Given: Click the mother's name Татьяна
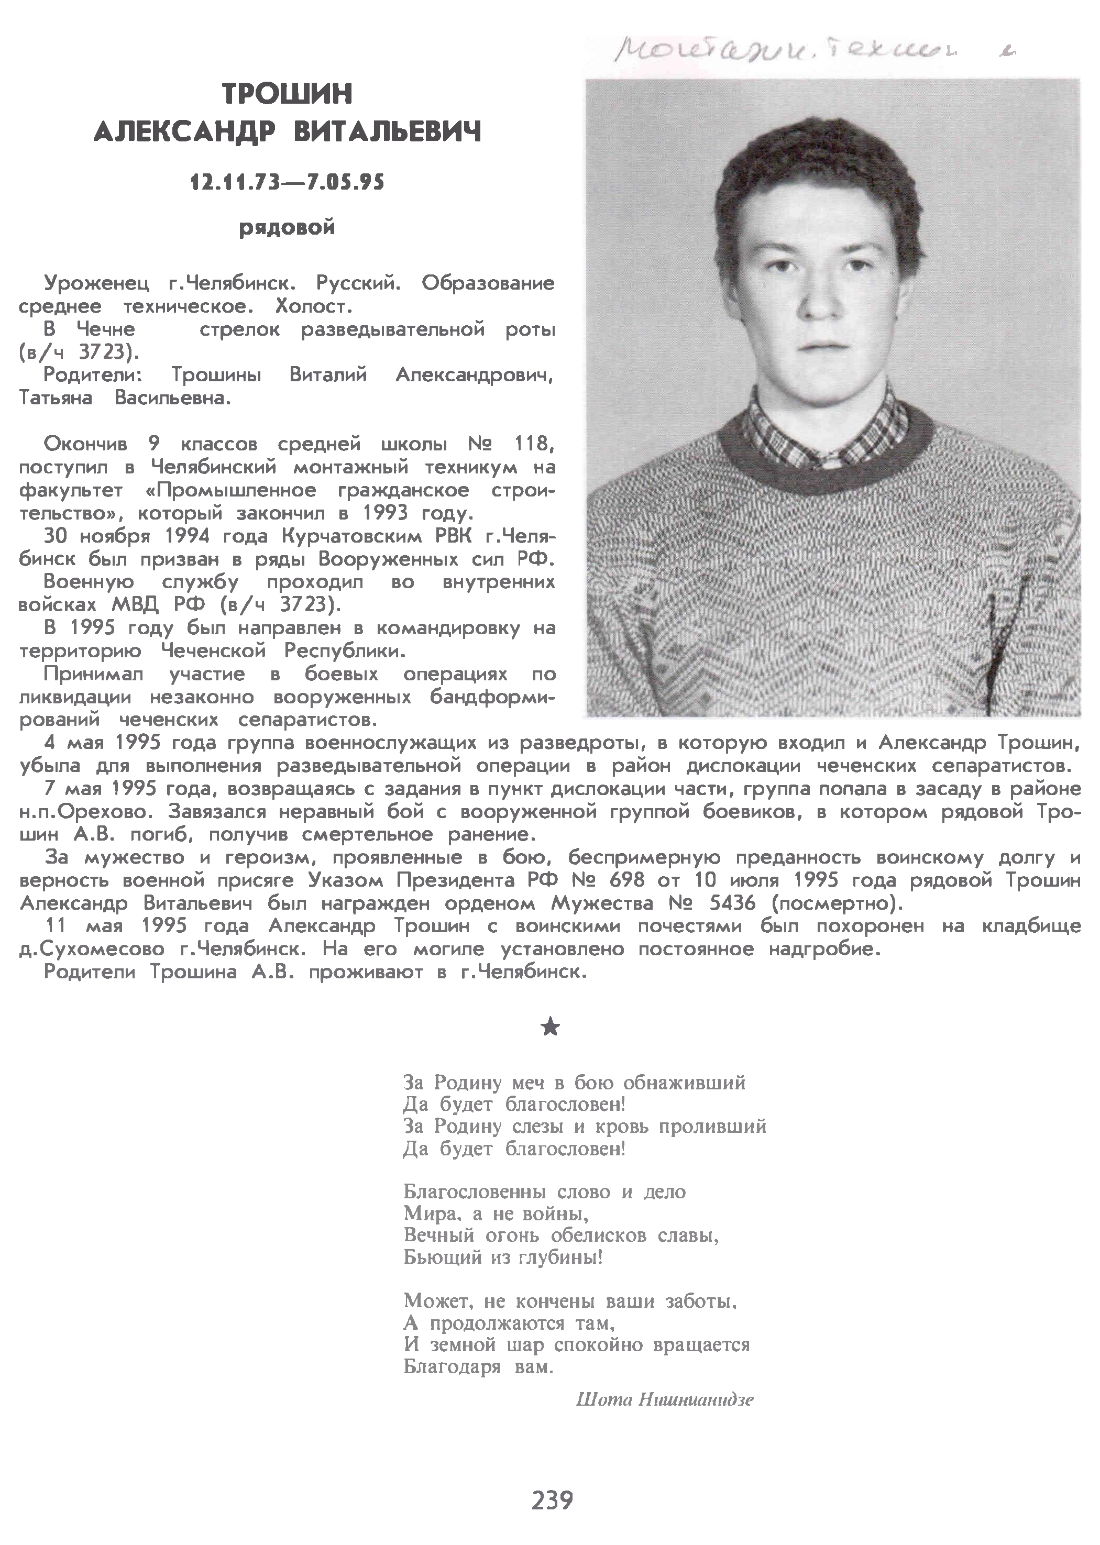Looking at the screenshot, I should [56, 398].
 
